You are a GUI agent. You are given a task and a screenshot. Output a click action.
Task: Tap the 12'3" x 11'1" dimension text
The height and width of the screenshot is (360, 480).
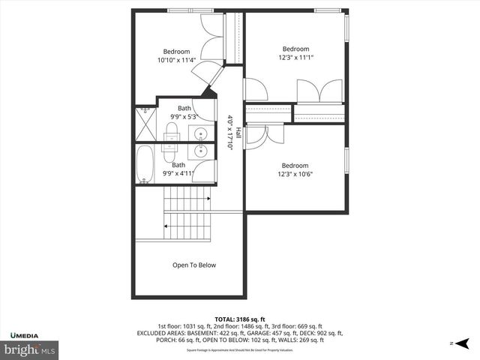(x=295, y=57)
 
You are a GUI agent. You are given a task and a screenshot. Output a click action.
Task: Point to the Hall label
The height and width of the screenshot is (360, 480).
(x=238, y=132)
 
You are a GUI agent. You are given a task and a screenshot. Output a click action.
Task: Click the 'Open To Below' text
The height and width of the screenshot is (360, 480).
(x=194, y=265)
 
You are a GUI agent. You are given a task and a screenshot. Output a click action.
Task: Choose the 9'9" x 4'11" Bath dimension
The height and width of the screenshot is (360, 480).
(x=178, y=174)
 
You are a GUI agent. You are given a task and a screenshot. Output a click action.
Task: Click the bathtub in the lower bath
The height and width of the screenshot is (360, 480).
(x=145, y=164)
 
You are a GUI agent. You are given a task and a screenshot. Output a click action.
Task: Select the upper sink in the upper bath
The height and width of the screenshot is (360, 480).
(x=201, y=135)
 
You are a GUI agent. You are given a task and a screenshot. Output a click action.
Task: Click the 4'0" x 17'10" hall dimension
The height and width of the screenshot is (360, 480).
(x=230, y=132)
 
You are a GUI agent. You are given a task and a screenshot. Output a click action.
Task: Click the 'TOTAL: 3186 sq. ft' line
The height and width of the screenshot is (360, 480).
(x=240, y=319)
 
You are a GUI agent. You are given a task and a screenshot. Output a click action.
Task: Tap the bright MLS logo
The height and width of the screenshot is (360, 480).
(x=30, y=349)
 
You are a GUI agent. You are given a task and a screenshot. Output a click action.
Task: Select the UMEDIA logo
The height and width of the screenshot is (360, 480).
(x=25, y=334)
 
